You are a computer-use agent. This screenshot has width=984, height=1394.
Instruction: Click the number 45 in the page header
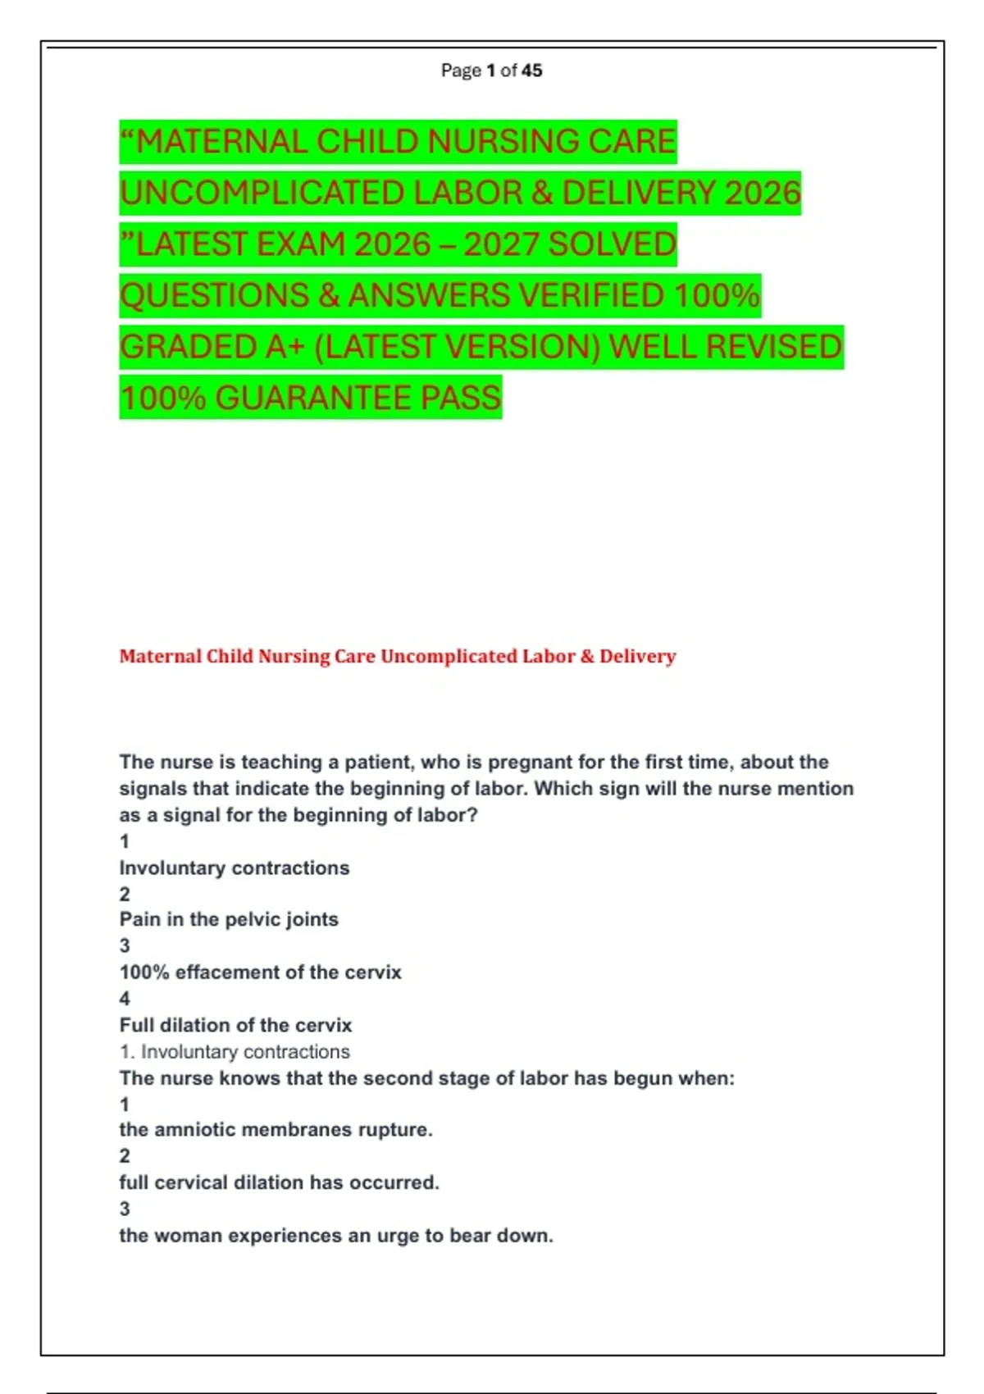click(x=531, y=71)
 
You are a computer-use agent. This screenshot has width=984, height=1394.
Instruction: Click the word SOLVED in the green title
click(x=612, y=244)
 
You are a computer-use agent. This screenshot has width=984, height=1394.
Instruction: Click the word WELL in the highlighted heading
click(x=653, y=348)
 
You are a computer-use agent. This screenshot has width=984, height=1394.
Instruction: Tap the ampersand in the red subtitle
click(x=586, y=657)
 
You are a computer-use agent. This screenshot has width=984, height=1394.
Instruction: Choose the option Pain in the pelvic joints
click(x=229, y=919)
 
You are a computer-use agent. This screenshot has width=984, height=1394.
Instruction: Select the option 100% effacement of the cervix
click(x=260, y=973)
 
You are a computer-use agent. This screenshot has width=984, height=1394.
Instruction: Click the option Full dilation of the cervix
click(x=235, y=1025)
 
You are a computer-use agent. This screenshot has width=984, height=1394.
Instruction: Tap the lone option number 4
click(x=125, y=999)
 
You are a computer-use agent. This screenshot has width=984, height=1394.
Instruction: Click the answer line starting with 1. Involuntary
click(x=235, y=1052)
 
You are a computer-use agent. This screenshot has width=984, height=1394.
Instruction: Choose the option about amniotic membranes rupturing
click(x=276, y=1130)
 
